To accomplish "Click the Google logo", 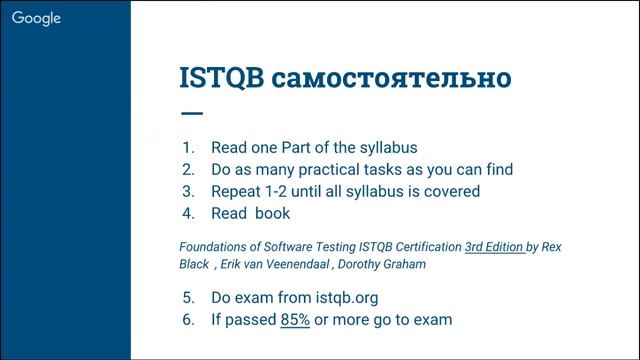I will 37,19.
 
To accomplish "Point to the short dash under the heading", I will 190,113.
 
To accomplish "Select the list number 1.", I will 187,147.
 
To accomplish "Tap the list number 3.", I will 187,191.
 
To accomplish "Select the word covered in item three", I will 451,191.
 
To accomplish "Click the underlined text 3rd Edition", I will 495,246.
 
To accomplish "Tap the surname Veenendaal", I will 293,265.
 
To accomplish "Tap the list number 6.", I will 187,320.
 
